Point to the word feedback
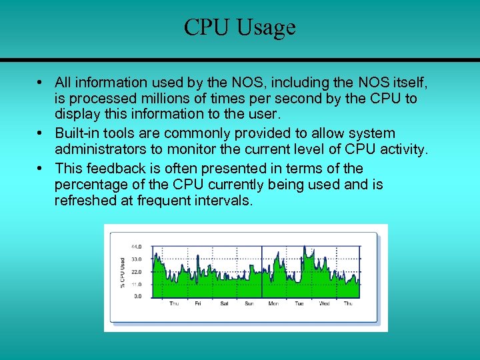pos(113,168)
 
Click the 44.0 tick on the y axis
pos(137,247)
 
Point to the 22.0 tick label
pos(137,271)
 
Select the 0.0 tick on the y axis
pos(138,295)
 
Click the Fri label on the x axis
pos(198,304)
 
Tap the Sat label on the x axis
pos(224,304)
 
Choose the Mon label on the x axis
pos(273,304)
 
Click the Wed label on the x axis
pos(325,304)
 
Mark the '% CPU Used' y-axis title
pos(122,273)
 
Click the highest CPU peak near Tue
pos(305,247)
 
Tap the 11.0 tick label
pos(137,283)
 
